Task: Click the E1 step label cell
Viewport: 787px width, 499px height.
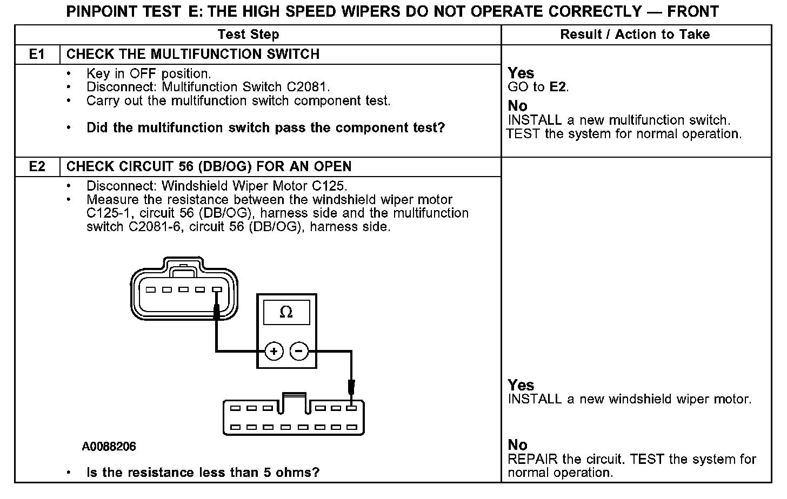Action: click(37, 55)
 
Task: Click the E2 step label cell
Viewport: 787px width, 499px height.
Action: click(37, 167)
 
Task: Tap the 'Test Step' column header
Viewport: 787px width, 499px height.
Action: click(248, 35)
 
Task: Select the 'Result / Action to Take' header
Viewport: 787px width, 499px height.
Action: click(635, 35)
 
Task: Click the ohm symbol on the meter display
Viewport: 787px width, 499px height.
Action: click(286, 313)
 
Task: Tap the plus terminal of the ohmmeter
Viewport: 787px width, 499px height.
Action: click(274, 352)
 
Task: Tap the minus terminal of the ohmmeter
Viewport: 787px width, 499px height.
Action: click(299, 352)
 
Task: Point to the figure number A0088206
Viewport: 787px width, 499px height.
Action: click(109, 447)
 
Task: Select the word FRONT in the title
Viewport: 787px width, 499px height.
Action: click(693, 11)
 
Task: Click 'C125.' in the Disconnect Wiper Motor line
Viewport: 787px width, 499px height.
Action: click(330, 186)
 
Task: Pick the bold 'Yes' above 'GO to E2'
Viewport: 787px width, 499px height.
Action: click(521, 73)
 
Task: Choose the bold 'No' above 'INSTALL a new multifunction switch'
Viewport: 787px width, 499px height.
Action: click(517, 106)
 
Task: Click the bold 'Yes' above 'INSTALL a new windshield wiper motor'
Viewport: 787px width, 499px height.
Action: click(521, 385)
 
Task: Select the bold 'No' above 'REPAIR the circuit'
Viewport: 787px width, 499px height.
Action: click(517, 445)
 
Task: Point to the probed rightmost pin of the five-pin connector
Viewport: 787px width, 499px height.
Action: click(217, 290)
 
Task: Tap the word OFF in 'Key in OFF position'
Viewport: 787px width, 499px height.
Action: click(143, 73)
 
